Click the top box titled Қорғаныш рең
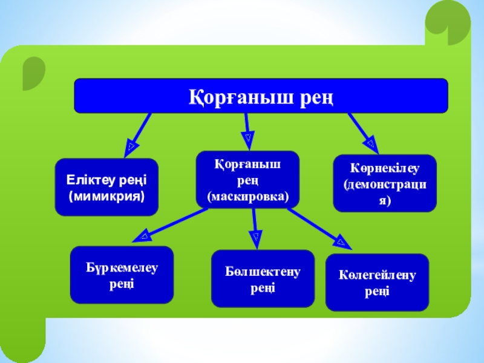[261, 96]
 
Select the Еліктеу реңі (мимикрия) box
[106, 187]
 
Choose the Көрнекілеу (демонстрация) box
[385, 183]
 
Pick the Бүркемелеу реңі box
[122, 275]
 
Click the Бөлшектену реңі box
[263, 278]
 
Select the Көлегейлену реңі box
[377, 283]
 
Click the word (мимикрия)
[106, 196]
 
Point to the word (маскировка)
[248, 197]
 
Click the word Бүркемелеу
[122, 268]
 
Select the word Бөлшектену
[263, 272]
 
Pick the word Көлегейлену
[377, 276]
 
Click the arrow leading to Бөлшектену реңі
[255, 228]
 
